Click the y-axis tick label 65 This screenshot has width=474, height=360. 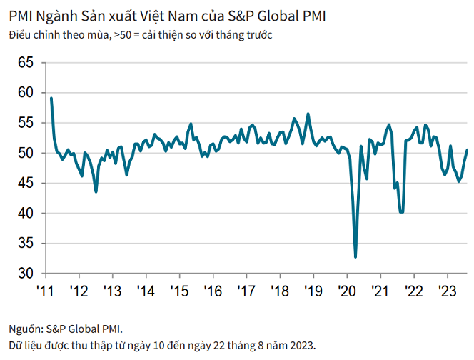tap(26, 62)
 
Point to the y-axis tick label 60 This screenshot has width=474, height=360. tap(26, 92)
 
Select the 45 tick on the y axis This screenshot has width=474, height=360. tap(26, 183)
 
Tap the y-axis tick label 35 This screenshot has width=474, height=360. tap(26, 244)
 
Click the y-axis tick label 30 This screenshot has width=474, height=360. tap(26, 274)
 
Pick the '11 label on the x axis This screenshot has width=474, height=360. tap(45, 291)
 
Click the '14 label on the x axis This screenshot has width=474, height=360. tap(146, 291)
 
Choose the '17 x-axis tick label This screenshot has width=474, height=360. tap(246, 291)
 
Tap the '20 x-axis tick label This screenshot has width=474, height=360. tap(347, 291)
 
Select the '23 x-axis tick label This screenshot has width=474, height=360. tap(448, 291)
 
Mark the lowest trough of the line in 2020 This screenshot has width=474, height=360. tap(355, 256)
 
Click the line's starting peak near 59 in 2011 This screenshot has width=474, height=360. tap(51, 98)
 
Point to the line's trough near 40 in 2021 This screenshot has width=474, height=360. tap(402, 212)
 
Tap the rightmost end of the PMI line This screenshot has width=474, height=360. tap(467, 150)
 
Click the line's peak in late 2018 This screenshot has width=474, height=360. tap(308, 114)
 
